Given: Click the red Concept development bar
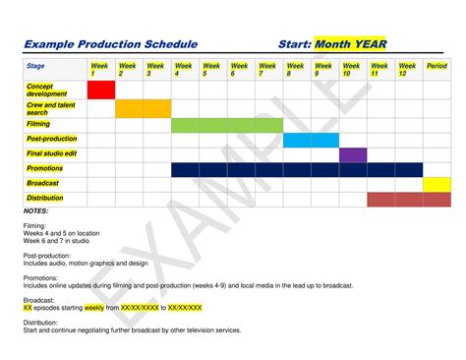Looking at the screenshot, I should tap(101, 90).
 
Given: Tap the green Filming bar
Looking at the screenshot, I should tap(226, 125).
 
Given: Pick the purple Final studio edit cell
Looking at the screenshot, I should tap(353, 154).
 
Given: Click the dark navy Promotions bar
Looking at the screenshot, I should tap(296, 169).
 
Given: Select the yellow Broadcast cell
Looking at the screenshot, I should tap(437, 184).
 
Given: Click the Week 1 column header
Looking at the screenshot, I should tap(100, 70).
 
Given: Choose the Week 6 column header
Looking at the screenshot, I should tap(240, 70).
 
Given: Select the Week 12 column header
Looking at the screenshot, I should tap(407, 70).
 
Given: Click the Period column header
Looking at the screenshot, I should tap(437, 67).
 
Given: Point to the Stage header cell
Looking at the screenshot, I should tap(36, 67).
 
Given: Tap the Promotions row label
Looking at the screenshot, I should tap(45, 168).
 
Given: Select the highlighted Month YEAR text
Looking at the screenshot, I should tap(351, 44).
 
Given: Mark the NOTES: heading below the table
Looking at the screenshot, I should tap(35, 210).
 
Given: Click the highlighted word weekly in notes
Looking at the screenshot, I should tap(94, 307).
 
